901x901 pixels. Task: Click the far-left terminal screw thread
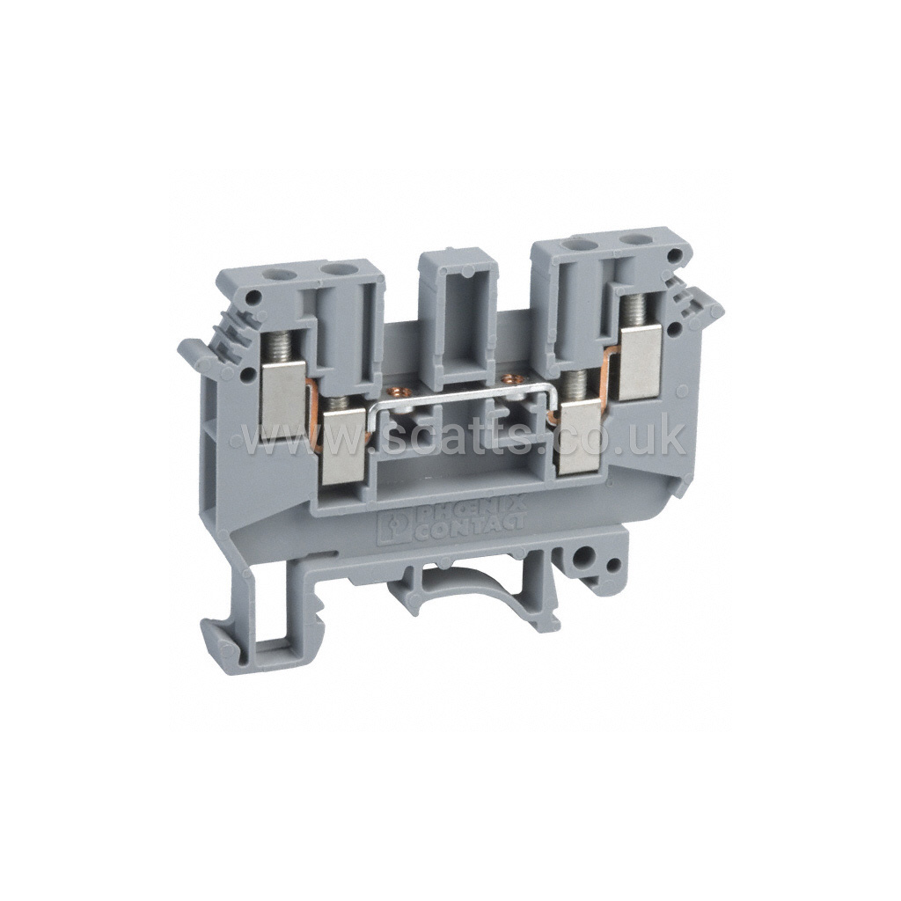[x=274, y=350]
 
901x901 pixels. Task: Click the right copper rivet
[x=508, y=378]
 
